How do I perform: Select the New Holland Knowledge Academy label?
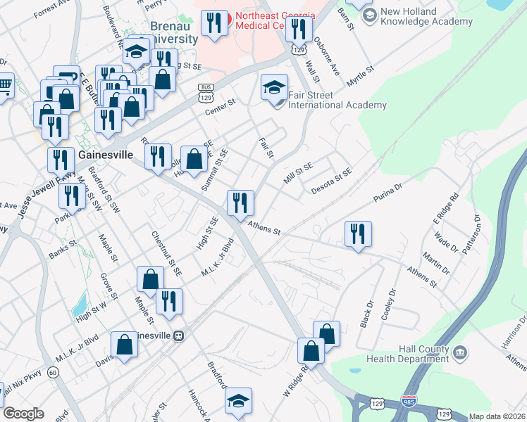point(426,17)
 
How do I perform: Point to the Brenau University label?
point(174,32)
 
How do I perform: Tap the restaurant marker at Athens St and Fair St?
point(240,203)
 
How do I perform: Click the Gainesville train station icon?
point(179,335)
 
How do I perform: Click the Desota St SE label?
point(330,181)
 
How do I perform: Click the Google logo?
point(24,414)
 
